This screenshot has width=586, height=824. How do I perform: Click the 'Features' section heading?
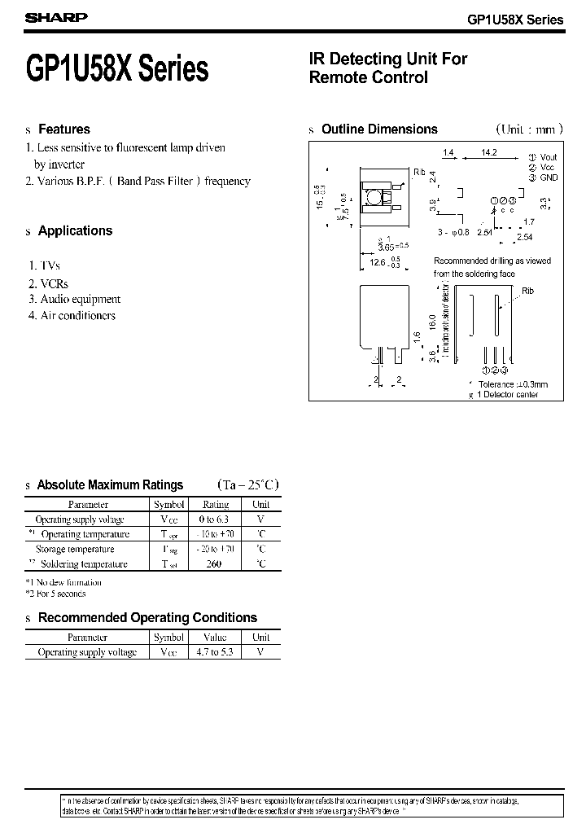click(64, 129)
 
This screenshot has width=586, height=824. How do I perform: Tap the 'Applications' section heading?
click(75, 231)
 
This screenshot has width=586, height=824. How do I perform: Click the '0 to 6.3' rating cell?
click(216, 519)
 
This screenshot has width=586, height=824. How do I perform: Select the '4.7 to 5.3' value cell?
click(214, 652)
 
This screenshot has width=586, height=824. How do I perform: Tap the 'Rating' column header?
click(216, 505)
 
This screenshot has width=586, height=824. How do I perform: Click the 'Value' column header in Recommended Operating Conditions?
click(214, 638)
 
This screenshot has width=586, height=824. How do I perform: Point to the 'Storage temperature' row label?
click(75, 549)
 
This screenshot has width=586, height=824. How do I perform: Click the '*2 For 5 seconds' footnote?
click(55, 594)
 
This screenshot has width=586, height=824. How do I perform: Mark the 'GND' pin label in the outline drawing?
click(549, 178)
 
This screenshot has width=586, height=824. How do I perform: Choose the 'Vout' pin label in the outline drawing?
click(549, 157)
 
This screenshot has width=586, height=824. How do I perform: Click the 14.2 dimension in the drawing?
click(489, 152)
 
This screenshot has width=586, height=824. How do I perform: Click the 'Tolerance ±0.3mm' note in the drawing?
click(513, 384)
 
